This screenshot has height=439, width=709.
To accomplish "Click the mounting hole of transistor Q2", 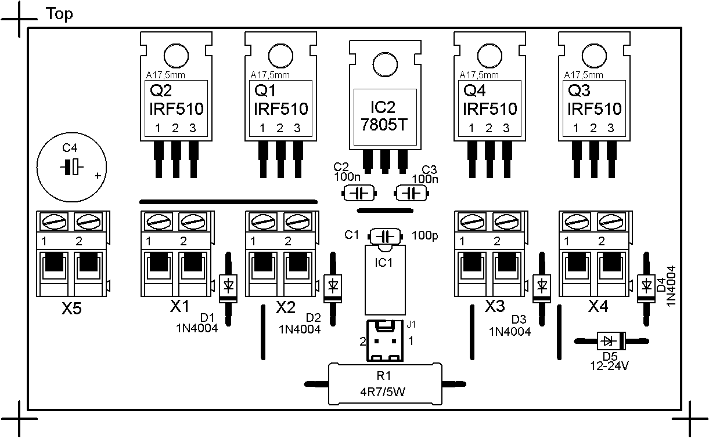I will click(x=175, y=56).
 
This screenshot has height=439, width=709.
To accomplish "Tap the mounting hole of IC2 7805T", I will click(x=383, y=64).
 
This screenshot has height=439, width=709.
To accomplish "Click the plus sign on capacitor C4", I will click(x=98, y=175).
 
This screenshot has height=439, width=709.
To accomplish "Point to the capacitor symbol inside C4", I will click(x=71, y=167).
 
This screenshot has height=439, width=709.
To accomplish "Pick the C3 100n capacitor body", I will click(x=412, y=193).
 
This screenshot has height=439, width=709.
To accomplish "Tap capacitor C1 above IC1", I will click(x=384, y=236).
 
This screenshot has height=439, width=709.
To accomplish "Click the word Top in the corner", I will click(x=59, y=14).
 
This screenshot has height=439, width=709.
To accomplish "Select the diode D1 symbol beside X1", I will click(x=228, y=285).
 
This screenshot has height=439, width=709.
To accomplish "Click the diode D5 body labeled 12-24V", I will click(x=609, y=340).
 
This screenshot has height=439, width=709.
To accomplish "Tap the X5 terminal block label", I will click(x=72, y=309).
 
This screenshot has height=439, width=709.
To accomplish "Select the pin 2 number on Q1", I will click(x=279, y=128).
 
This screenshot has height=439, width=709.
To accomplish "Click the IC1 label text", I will click(x=383, y=262).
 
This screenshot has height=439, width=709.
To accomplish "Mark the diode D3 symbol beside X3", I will click(x=542, y=285).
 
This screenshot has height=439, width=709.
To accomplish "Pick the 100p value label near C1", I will click(x=424, y=236).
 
